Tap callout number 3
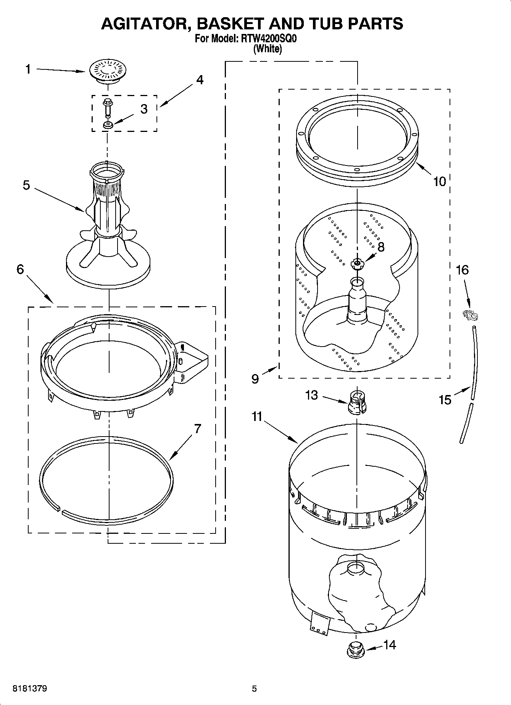click(143, 109)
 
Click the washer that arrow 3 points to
click(107, 125)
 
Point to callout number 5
click(26, 185)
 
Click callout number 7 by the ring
click(197, 429)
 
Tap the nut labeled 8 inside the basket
click(357, 263)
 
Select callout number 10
click(440, 181)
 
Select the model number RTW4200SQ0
click(267, 39)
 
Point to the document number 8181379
click(30, 689)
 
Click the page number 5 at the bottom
click(255, 689)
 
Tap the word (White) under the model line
click(268, 49)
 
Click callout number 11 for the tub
click(257, 417)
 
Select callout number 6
click(20, 269)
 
